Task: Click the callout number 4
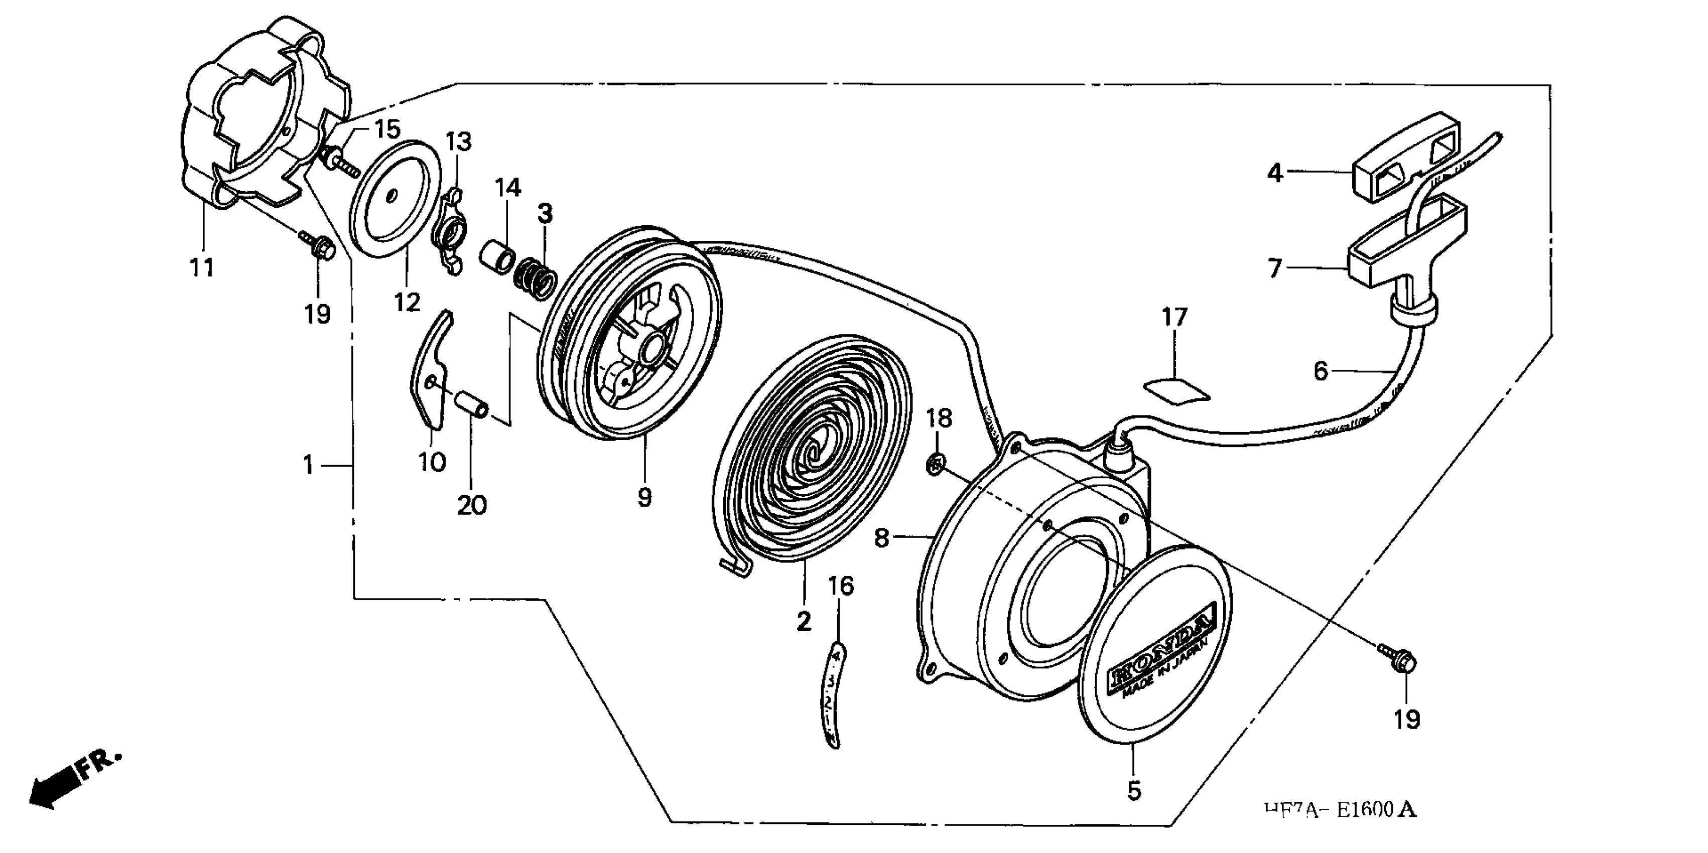click(1274, 173)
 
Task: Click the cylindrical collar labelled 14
click(498, 256)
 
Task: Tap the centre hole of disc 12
click(392, 195)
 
